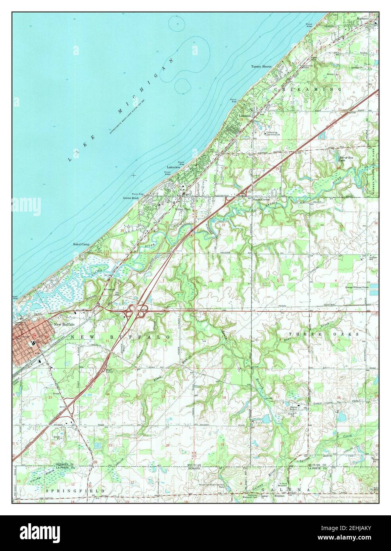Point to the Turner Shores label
(261, 66)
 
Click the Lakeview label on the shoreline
(173, 168)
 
